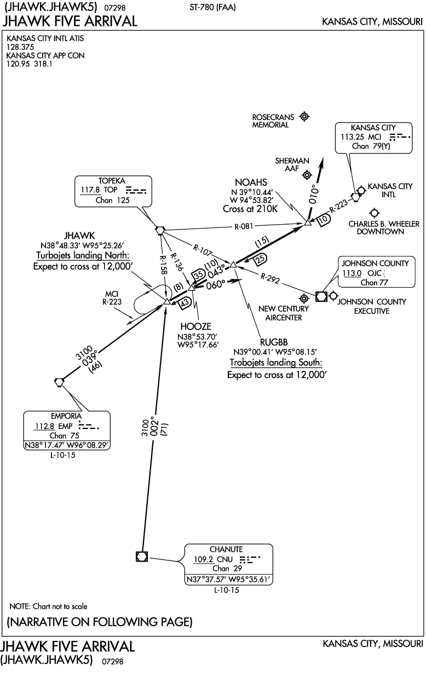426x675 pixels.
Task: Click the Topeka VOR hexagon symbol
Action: coord(160,230)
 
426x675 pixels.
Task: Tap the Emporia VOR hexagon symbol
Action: coord(59,382)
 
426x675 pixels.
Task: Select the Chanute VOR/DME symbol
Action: coord(142,556)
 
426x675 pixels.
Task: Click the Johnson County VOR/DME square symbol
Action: coord(321,296)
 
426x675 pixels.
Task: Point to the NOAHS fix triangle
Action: coord(307,222)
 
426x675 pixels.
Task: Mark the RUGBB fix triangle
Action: coord(233,265)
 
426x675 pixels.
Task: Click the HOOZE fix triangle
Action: coord(192,288)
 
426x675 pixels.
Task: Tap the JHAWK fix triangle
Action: coord(167,301)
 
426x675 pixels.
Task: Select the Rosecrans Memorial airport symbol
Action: coord(304,116)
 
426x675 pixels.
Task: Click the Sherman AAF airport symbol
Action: coord(307,175)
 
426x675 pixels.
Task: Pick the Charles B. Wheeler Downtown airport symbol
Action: coord(374,213)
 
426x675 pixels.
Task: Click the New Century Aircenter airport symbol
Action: coord(304,298)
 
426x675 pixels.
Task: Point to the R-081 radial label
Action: coord(244,226)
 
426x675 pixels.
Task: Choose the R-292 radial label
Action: coord(270,278)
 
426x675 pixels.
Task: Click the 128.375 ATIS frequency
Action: coord(20,47)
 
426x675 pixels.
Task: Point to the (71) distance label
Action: coord(165,429)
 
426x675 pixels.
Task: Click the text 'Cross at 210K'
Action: coord(250,209)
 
